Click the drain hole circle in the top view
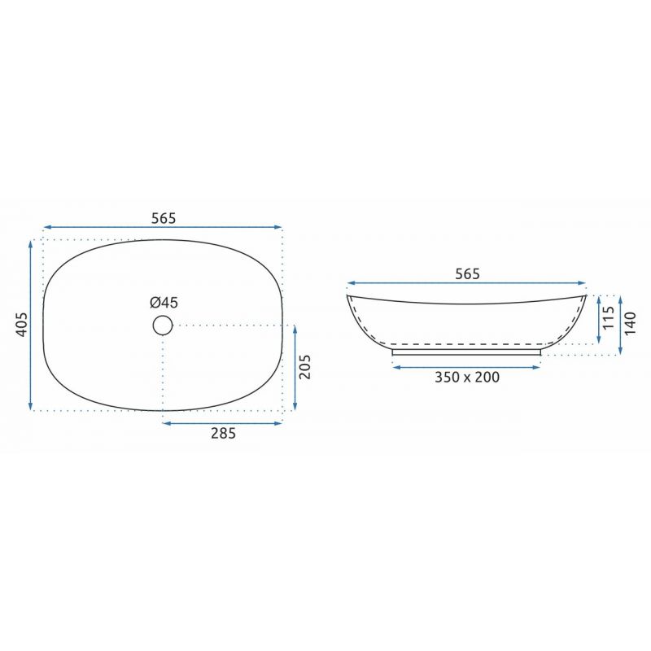tap(162, 316)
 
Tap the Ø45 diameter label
tap(164, 303)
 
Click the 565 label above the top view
tap(164, 218)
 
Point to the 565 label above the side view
tap(467, 274)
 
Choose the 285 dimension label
tap(223, 433)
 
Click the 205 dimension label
tap(304, 367)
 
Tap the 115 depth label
tap(608, 317)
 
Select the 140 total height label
tap(630, 323)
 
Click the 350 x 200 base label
tap(467, 377)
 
